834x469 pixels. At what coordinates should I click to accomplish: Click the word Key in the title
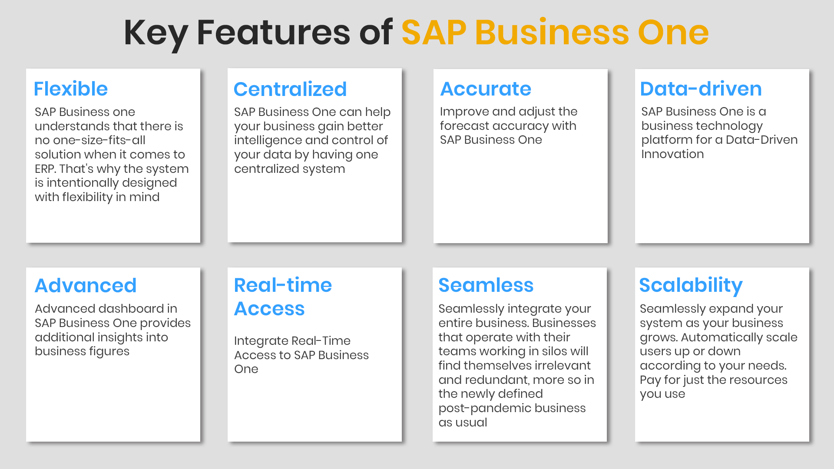[156, 33]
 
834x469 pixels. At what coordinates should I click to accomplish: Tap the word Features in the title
[273, 33]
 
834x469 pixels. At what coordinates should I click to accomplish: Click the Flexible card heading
[71, 89]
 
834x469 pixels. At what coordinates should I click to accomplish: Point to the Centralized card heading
[290, 89]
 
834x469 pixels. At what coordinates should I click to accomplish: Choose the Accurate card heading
[486, 89]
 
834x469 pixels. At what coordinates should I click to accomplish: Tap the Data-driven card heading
[701, 89]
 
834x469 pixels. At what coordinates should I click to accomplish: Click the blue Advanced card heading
[86, 285]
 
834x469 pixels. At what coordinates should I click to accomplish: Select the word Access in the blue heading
[269, 308]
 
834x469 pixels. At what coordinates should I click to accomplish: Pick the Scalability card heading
[691, 286]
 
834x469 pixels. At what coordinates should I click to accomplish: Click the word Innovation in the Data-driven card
[672, 154]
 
